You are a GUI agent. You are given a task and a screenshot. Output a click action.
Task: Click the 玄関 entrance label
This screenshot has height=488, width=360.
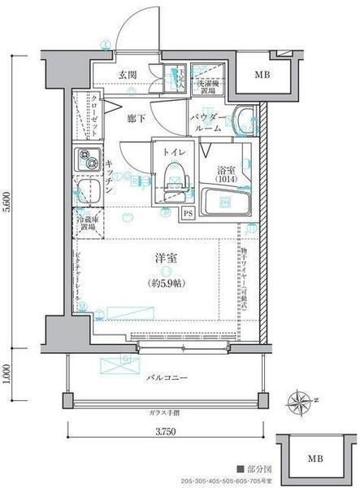point(127,76)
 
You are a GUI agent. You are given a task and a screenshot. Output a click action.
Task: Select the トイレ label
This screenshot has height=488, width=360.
point(171,151)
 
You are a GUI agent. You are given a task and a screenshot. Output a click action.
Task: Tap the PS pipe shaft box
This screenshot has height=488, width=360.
point(188,214)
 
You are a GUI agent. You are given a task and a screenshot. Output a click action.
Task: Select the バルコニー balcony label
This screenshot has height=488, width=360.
point(168,378)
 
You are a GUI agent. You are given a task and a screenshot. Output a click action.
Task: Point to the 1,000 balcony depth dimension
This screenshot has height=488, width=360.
point(7,373)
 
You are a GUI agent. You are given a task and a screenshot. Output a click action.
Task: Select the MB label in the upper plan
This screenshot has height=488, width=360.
point(262,76)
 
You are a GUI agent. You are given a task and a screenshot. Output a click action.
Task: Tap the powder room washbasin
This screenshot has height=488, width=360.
point(243,122)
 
